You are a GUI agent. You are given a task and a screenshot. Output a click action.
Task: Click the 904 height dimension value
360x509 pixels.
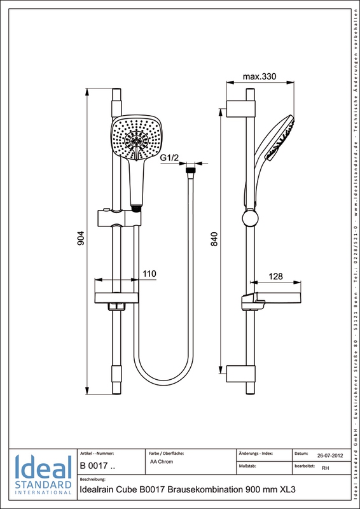click(x=81, y=238)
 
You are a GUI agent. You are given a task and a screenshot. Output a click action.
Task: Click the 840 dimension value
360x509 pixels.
click(x=214, y=239)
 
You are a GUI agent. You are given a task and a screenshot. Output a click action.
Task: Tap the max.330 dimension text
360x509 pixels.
click(x=260, y=77)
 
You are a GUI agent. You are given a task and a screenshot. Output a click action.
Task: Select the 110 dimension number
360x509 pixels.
click(x=149, y=274)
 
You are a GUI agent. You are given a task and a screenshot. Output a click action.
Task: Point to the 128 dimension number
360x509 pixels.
click(x=276, y=276)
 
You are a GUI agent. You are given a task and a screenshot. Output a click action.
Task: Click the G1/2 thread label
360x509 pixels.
click(x=170, y=158)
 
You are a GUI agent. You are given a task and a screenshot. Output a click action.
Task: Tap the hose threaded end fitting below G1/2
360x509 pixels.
click(x=190, y=170)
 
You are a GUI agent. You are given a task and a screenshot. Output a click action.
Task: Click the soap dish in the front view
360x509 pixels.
click(x=117, y=298)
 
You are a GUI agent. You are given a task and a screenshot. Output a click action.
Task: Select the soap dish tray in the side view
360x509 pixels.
click(x=271, y=298)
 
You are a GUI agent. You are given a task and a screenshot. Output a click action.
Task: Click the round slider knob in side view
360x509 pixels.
click(x=251, y=218)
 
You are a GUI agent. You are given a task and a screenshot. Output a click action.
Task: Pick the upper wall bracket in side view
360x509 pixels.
click(x=240, y=108)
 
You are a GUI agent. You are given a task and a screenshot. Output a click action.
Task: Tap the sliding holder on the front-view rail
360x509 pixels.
click(x=119, y=218)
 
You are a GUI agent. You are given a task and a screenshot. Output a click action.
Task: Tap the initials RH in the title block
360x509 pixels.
click(x=325, y=468)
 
